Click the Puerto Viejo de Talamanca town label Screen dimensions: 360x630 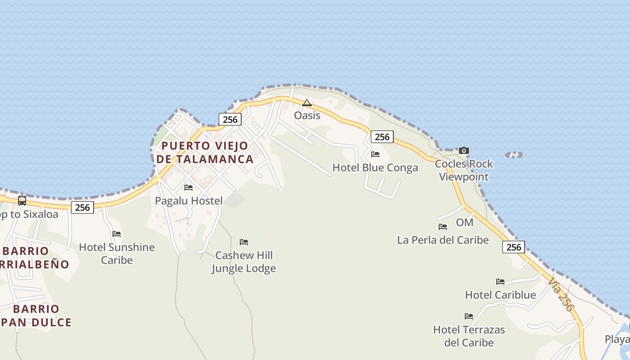[x=205, y=153]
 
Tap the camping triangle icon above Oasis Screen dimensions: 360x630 [x=307, y=103]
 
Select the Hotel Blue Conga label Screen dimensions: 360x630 [x=375, y=168]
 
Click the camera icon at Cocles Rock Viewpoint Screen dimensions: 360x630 [x=464, y=150]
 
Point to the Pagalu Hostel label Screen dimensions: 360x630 [x=189, y=201]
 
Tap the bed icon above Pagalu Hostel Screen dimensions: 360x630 [x=189, y=187]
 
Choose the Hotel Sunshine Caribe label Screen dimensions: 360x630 [x=117, y=253]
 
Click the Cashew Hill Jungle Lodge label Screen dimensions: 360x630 [x=243, y=262]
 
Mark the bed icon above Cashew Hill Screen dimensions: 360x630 [x=244, y=242]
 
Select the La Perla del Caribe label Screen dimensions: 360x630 [x=443, y=240]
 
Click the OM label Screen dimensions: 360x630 [x=464, y=222]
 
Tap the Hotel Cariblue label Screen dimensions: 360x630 [x=500, y=295]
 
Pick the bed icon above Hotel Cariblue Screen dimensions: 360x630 [x=500, y=282]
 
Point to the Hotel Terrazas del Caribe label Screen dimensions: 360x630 [x=469, y=336]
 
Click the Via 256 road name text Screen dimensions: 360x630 [x=561, y=294]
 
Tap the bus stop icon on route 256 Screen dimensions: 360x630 [x=22, y=201]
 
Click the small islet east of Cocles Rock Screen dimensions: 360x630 [x=514, y=155]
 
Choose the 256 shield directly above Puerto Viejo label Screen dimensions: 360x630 [x=230, y=119]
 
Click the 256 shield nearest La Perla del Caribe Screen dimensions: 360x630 [x=513, y=247]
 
